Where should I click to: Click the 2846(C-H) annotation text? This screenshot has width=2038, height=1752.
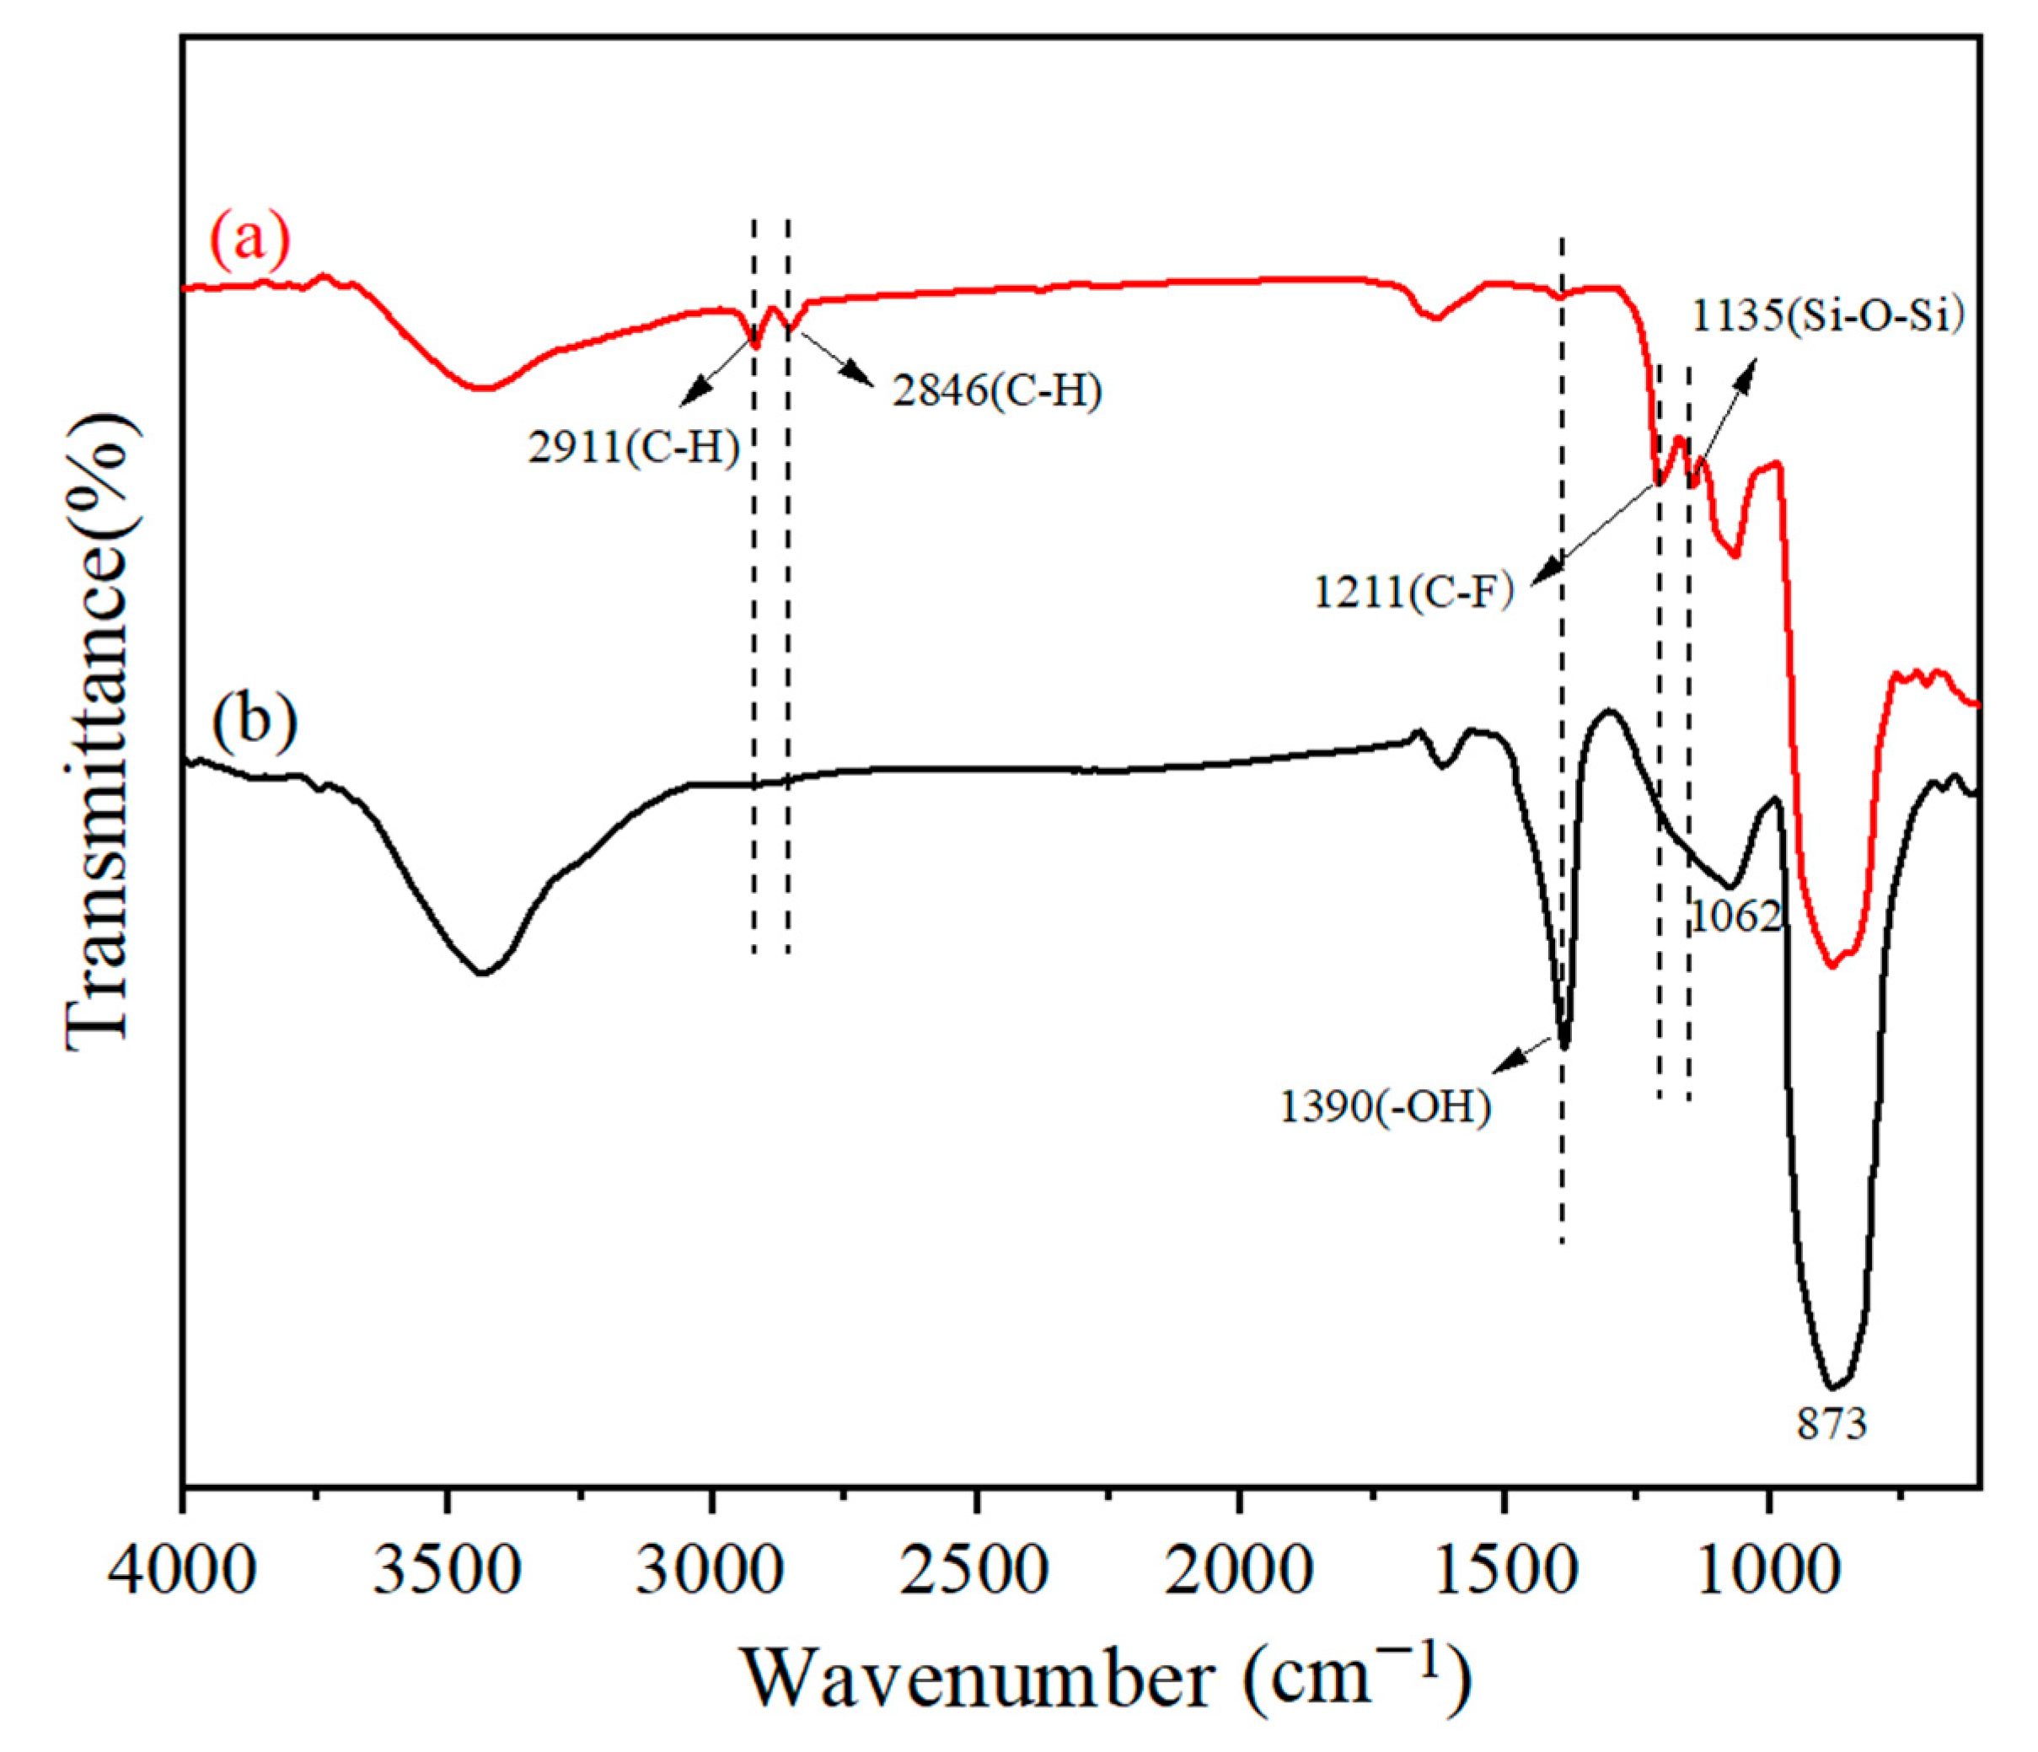pos(997,391)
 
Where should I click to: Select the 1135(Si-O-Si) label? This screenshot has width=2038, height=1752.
pos(1827,318)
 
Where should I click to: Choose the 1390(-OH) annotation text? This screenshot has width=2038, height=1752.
pos(1385,1108)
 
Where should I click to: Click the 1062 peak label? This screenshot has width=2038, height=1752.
pos(1736,916)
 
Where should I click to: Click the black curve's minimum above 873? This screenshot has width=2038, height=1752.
pos(1832,1388)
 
